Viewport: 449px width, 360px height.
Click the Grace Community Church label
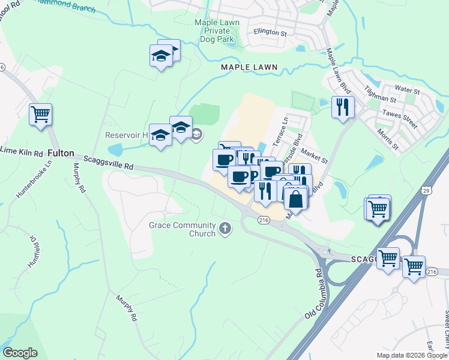click(182, 229)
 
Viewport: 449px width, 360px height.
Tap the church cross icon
click(225, 228)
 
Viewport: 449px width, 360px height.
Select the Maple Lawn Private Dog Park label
click(217, 31)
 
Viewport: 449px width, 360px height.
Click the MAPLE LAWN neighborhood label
click(249, 67)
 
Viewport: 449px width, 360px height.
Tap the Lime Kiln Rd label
click(21, 150)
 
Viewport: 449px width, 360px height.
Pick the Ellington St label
click(270, 31)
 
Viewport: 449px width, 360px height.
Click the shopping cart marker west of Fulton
click(40, 114)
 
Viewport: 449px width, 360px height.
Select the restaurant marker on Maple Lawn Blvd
click(343, 107)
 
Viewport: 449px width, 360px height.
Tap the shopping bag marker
click(296, 199)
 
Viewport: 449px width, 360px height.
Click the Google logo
click(20, 353)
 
